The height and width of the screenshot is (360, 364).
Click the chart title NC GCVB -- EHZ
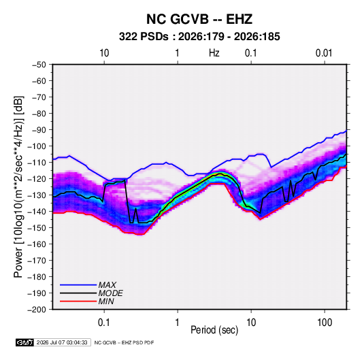point(199,19)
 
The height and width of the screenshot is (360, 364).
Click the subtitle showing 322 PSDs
point(199,37)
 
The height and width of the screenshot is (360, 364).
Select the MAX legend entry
point(107,284)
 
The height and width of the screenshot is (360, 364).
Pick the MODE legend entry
point(110,293)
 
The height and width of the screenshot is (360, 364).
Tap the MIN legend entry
point(106,301)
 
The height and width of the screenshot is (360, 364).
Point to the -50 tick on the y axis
point(39,65)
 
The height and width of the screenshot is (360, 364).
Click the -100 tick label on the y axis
point(37,146)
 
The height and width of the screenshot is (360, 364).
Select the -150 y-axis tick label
point(37,228)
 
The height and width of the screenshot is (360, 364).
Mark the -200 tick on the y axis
point(37,310)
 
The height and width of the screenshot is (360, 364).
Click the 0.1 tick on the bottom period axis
point(104,323)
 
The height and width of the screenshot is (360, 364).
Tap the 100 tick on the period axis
point(325,323)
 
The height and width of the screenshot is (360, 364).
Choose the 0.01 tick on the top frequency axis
point(324,53)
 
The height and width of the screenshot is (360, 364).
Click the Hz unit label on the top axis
point(214,53)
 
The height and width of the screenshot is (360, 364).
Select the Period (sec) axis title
point(214,330)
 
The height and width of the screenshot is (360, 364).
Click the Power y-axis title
point(18,187)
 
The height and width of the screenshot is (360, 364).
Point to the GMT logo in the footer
point(25,342)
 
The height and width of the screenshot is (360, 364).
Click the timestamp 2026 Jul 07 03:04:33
point(62,342)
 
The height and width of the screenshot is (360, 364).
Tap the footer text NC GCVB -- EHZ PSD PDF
point(124,342)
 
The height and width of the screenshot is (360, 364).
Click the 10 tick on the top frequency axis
point(104,53)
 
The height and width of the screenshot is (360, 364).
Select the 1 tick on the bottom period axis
point(177,323)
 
